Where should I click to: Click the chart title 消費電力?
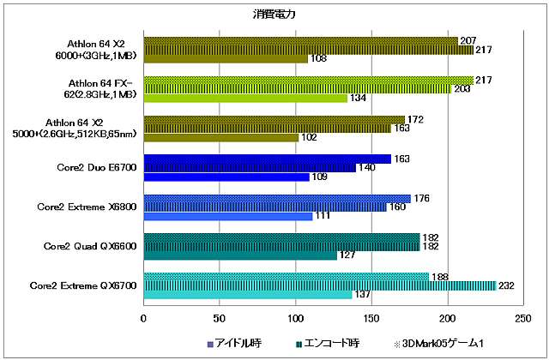click(274, 14)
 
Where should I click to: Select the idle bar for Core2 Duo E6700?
click(226, 177)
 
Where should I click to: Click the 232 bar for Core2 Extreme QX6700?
click(319, 285)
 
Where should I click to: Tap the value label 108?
click(318, 59)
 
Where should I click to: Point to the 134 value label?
click(358, 98)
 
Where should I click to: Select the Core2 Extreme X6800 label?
click(87, 207)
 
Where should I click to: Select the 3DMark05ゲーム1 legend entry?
click(437, 344)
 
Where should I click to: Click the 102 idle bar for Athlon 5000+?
click(221, 137)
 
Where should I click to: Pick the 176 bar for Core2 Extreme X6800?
click(277, 198)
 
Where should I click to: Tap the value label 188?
click(439, 276)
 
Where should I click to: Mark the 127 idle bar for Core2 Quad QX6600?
click(240, 255)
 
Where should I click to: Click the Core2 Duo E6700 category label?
click(92, 168)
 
